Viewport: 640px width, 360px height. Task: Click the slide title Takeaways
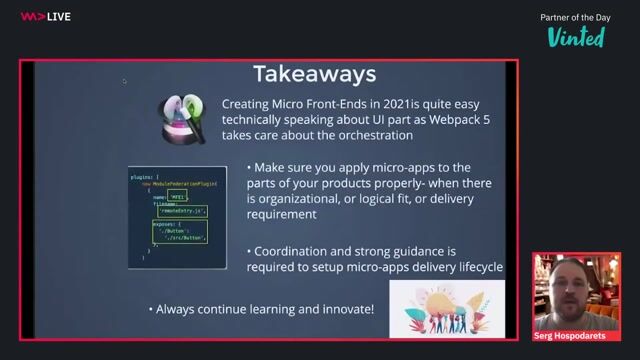click(314, 74)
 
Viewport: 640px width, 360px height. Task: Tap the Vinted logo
click(576, 37)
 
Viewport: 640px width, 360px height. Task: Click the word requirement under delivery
click(286, 214)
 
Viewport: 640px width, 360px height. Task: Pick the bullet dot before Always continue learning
click(151, 309)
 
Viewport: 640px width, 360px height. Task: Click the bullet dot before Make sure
click(248, 167)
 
